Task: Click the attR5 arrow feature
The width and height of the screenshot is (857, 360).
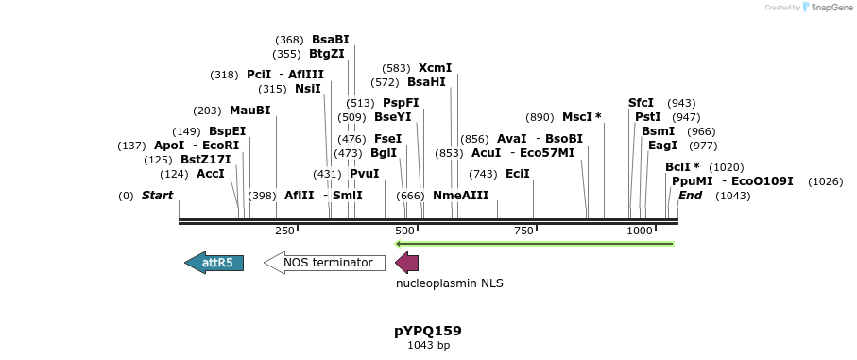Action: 214,263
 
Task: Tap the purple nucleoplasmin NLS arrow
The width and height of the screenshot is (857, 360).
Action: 406,263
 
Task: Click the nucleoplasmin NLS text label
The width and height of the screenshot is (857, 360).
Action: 449,283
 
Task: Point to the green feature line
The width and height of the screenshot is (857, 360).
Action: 534,244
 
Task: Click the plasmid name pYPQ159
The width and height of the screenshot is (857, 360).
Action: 427,331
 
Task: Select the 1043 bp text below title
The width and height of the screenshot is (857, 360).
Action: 428,346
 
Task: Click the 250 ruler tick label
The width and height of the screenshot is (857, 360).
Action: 284,231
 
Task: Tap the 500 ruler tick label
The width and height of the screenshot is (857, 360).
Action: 405,231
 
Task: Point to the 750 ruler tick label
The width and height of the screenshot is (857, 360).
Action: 523,231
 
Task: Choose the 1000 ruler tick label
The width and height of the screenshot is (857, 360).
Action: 640,231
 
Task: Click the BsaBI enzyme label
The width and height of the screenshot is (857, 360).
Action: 330,40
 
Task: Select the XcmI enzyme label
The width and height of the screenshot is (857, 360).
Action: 435,68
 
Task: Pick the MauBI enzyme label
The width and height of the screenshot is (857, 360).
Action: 249,111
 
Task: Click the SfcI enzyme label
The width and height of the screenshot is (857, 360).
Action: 641,103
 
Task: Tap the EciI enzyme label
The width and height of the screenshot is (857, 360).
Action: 518,174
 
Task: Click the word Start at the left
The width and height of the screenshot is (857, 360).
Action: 157,196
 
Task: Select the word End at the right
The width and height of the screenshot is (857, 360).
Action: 690,196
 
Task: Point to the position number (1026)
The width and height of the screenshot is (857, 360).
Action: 826,181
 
